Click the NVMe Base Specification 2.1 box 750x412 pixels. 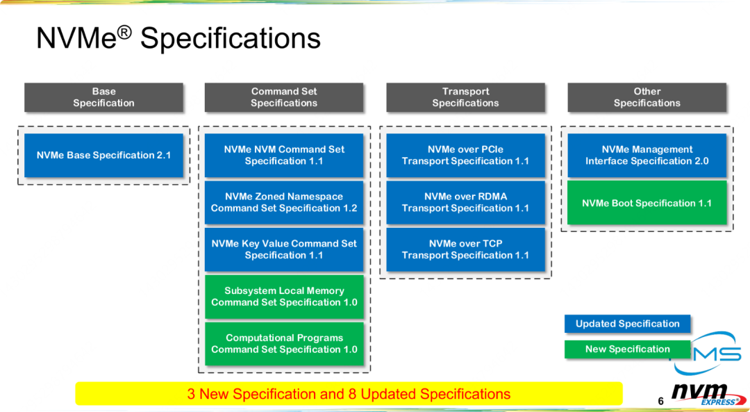(x=103, y=155)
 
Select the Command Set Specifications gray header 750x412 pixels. (x=284, y=97)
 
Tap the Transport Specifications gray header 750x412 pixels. (x=465, y=97)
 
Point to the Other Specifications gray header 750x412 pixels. (x=647, y=97)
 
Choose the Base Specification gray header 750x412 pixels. (x=103, y=97)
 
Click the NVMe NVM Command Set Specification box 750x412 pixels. (x=284, y=155)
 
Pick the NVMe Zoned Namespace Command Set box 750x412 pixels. (x=284, y=202)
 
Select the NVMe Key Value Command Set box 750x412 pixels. (x=284, y=249)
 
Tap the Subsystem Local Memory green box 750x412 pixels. (x=284, y=297)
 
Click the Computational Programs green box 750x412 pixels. (x=284, y=344)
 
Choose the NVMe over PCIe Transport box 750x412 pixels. (x=465, y=155)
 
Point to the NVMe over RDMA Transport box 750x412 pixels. (x=465, y=202)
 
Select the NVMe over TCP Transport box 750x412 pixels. (x=465, y=249)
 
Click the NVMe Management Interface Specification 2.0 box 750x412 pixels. (x=647, y=155)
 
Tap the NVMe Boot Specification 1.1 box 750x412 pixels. (x=647, y=203)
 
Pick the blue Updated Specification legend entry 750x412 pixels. (x=628, y=324)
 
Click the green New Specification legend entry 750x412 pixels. (x=628, y=349)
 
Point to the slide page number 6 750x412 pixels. (x=661, y=402)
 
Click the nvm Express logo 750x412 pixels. (x=708, y=395)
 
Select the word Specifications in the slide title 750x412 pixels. (x=231, y=38)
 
